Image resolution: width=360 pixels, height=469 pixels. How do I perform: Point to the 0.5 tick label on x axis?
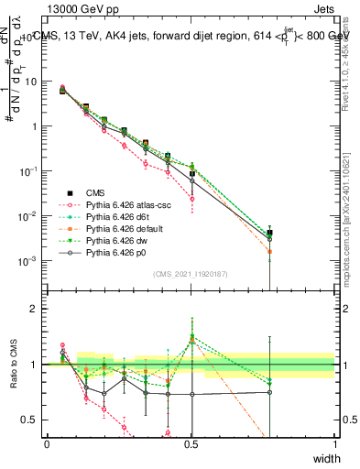pos(191,443)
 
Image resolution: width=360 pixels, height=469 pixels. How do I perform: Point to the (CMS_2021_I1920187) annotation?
pos(191,274)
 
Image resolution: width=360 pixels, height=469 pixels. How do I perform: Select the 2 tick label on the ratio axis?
pos(34,309)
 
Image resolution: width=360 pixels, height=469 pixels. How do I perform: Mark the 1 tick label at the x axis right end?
pos(335,443)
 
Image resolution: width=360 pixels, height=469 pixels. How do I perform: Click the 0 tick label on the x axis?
pos(47,443)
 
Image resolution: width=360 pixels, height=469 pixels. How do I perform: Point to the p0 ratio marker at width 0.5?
pos(191,394)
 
